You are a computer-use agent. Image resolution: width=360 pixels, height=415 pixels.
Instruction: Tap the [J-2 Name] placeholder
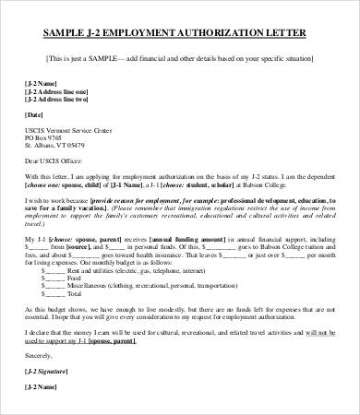(42, 82)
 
